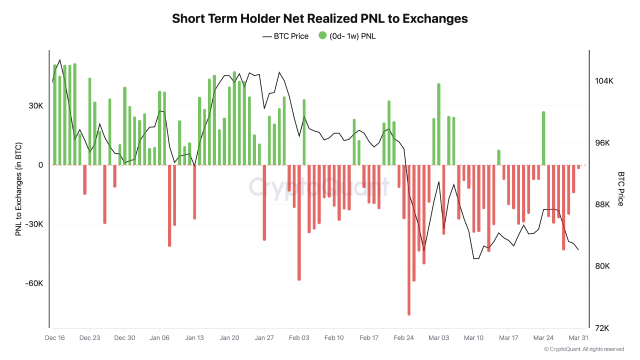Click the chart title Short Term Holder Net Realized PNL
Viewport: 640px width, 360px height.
tap(320, 18)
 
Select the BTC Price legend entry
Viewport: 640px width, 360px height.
tap(285, 36)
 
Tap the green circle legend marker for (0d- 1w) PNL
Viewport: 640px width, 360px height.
tap(322, 35)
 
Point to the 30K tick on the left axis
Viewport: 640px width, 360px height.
tap(35, 106)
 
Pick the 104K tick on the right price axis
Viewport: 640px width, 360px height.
tap(603, 81)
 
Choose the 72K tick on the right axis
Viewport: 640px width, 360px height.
tap(602, 328)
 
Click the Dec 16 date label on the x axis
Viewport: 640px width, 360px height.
tap(54, 338)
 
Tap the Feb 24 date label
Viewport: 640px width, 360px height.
tap(403, 338)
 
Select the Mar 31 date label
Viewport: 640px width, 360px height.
tap(578, 338)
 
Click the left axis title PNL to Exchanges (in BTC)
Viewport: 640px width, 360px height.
tap(18, 189)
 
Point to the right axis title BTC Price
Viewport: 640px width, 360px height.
tap(621, 189)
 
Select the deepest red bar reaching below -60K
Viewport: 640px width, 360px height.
tap(408, 240)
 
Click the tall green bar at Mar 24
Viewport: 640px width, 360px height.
tap(543, 138)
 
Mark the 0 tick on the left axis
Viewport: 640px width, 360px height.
tap(40, 165)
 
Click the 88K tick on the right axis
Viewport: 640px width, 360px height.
tap(602, 204)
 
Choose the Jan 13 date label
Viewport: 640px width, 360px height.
tap(194, 338)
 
